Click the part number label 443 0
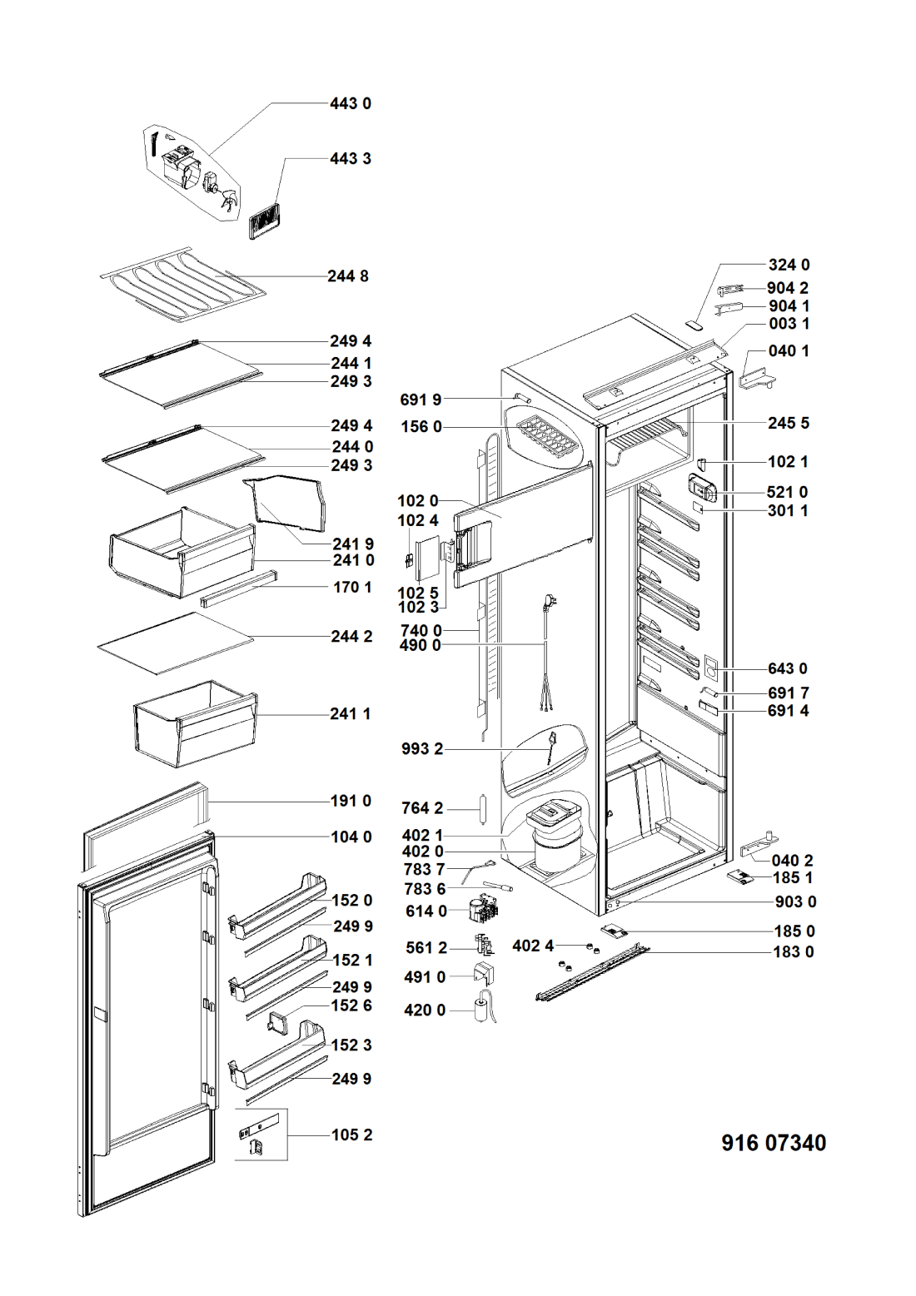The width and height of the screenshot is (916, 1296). point(350,103)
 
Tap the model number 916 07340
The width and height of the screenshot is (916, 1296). point(774,1143)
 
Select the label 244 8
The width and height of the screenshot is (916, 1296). point(347,276)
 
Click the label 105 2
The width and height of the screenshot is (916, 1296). point(351,1135)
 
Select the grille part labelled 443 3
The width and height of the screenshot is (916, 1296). point(265,221)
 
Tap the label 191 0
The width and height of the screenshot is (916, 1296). point(351,801)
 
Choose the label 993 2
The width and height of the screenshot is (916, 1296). point(422,748)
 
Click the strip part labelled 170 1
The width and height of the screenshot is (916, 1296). point(237,589)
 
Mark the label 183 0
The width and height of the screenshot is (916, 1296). point(794,951)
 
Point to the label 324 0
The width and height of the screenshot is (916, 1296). point(789,265)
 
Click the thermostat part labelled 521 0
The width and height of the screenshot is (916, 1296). point(701,488)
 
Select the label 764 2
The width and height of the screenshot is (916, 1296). point(422,808)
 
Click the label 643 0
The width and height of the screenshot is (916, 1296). point(787,668)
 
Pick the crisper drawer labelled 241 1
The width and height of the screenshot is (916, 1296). point(196,722)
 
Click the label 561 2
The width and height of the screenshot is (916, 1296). point(426,948)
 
